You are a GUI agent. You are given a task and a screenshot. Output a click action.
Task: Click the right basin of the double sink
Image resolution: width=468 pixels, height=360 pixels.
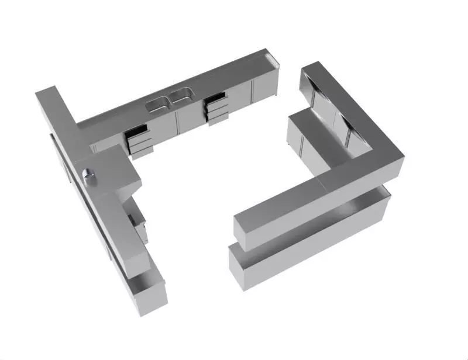[x=181, y=94]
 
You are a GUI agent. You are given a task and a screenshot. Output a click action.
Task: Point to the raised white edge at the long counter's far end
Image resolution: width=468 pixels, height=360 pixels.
[x=273, y=60]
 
